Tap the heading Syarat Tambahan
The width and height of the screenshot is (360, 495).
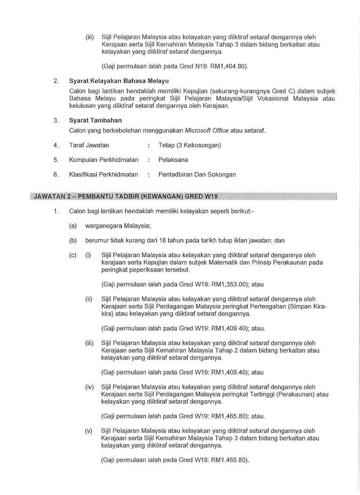click(x=95, y=120)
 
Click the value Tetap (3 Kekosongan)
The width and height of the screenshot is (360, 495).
click(x=189, y=145)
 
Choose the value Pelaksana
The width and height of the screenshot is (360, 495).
click(x=173, y=160)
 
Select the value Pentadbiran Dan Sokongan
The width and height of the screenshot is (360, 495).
click(x=197, y=174)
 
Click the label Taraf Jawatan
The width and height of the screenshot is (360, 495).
click(x=89, y=145)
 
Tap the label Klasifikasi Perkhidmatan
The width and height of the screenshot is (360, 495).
click(x=103, y=174)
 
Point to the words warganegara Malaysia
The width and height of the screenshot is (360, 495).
click(x=118, y=226)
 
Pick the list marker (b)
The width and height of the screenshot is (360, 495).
click(x=73, y=240)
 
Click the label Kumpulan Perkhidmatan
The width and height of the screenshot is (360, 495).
click(x=104, y=160)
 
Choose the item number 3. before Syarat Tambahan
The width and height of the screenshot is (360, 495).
click(x=56, y=120)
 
